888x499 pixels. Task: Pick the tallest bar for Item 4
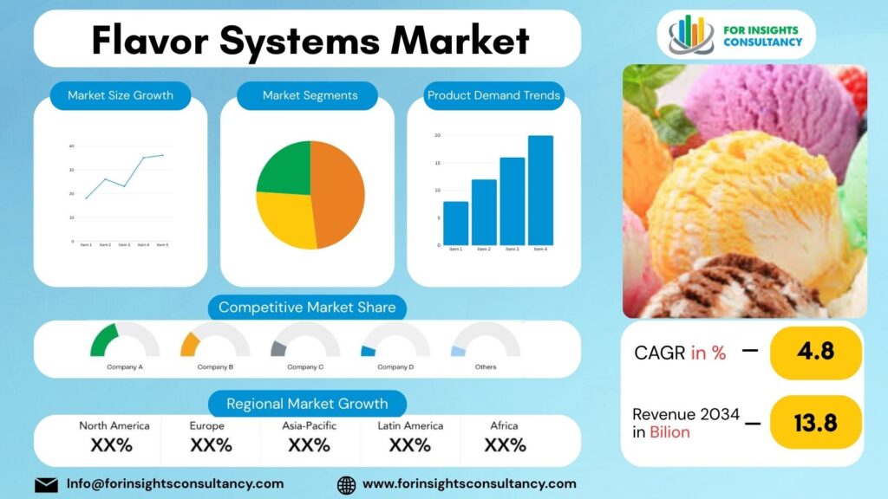coord(540,191)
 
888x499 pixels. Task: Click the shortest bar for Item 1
coord(455,224)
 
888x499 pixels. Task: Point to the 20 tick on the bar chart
coord(437,136)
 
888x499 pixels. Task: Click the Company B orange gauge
coord(190,344)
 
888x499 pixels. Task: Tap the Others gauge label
coord(486,367)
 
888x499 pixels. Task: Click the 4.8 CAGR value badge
coord(815,352)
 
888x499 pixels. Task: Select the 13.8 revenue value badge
coord(815,422)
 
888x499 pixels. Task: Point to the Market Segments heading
coord(310,95)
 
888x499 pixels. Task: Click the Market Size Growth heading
coord(121,95)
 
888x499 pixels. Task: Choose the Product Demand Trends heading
coord(493,95)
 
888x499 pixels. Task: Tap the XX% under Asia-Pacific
coord(310,445)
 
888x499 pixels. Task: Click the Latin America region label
coord(410,425)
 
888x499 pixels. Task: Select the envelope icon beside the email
coord(46,484)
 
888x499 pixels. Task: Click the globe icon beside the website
coord(346,484)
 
